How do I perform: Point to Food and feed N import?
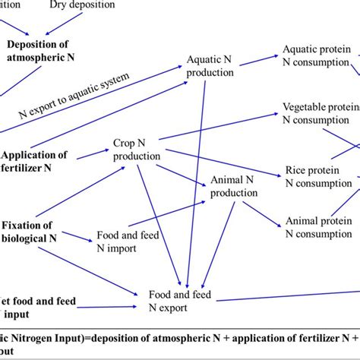[127, 242]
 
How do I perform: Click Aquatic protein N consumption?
[317, 55]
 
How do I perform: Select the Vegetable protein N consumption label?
[320, 112]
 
